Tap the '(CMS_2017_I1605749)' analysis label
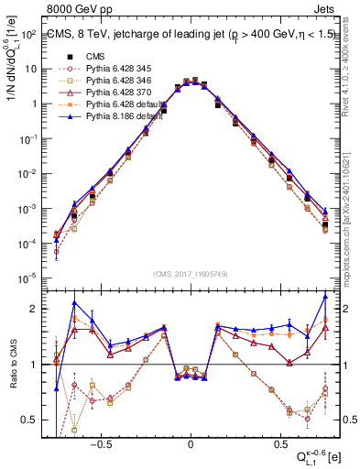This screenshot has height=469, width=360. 191,274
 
